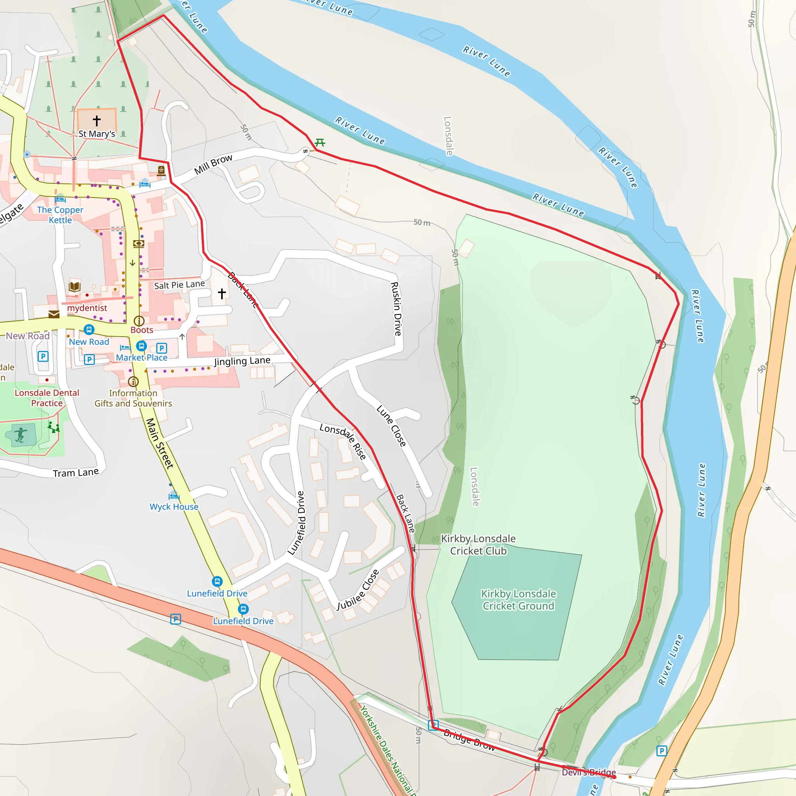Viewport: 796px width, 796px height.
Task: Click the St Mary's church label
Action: [x=97, y=134]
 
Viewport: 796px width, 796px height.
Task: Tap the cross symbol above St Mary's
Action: [x=97, y=120]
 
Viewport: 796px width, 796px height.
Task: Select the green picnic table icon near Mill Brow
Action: [x=320, y=143]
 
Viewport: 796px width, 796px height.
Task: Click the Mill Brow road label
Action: [x=213, y=164]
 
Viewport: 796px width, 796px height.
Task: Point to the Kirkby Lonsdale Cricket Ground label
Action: [x=518, y=599]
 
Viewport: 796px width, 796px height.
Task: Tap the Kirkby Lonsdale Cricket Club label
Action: [x=478, y=545]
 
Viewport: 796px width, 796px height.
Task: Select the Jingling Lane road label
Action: [x=242, y=361]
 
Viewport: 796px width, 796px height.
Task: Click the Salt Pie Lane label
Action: [x=179, y=285]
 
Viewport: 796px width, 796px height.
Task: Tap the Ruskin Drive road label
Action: [x=396, y=309]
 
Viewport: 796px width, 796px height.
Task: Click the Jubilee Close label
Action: [x=358, y=590]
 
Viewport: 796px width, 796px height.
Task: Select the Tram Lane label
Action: [x=76, y=473]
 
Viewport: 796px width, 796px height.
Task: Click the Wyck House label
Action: [x=174, y=507]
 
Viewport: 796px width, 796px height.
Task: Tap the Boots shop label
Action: [x=142, y=330]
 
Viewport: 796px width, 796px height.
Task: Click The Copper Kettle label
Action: [x=60, y=215]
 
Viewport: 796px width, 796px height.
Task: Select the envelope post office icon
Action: [x=54, y=315]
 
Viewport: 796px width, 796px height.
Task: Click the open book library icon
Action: [x=75, y=286]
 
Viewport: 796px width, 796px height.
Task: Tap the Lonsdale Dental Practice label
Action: [x=47, y=398]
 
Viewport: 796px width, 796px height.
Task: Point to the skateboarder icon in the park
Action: [x=20, y=435]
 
